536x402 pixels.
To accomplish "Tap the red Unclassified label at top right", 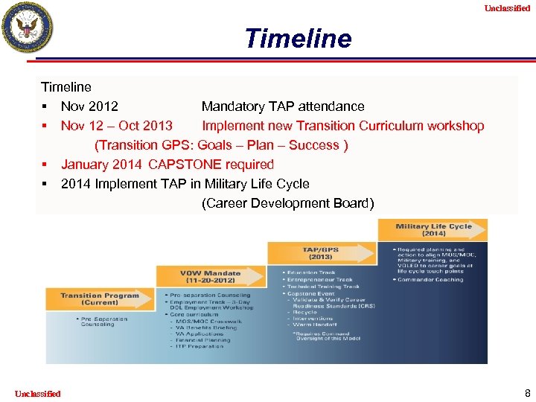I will tap(507, 8).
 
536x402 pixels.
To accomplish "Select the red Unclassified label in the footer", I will tap(37, 393).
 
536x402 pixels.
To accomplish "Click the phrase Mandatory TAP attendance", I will tap(283, 106).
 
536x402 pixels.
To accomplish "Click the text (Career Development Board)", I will tap(287, 203).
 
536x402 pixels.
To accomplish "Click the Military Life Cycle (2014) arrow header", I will tap(433, 229).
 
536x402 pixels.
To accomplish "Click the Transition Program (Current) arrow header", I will tap(100, 299).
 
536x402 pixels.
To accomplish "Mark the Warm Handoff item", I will tap(315, 324).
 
